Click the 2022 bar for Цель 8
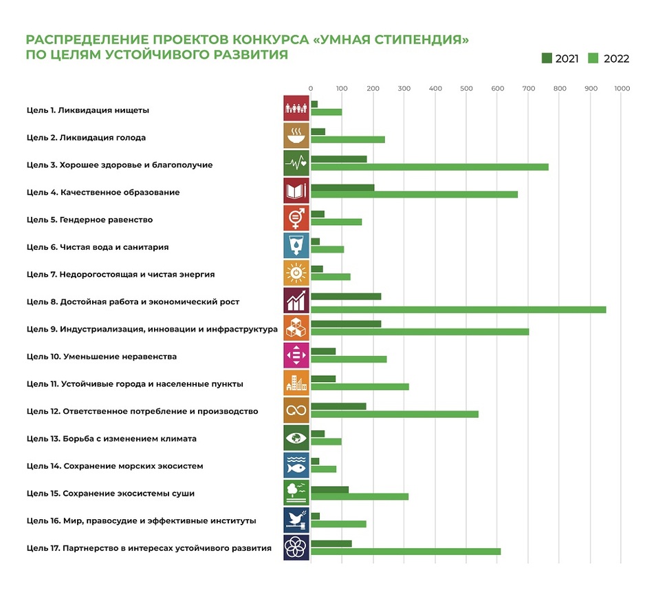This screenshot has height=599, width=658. tap(458, 309)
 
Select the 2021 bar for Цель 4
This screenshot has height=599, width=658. tap(342, 187)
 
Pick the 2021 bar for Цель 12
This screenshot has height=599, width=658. tap(338, 406)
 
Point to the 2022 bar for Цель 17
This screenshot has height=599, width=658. tap(406, 551)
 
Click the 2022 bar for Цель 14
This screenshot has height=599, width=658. tap(323, 469)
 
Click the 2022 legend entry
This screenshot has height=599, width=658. tap(608, 59)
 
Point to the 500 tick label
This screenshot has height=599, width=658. tap(466, 88)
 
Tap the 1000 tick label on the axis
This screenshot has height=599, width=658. tap(622, 88)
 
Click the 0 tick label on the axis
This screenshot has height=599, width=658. tap(311, 88)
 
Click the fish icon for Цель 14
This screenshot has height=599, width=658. tap(296, 465)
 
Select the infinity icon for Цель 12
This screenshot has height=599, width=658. tap(296, 410)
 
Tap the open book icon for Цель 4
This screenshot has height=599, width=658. tap(296, 191)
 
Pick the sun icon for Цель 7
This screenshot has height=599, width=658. tap(296, 273)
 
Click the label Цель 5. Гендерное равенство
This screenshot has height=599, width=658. tap(89, 220)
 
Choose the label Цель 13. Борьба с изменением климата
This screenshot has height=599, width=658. tap(111, 439)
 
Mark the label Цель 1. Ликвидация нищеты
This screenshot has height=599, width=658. tap(88, 110)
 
